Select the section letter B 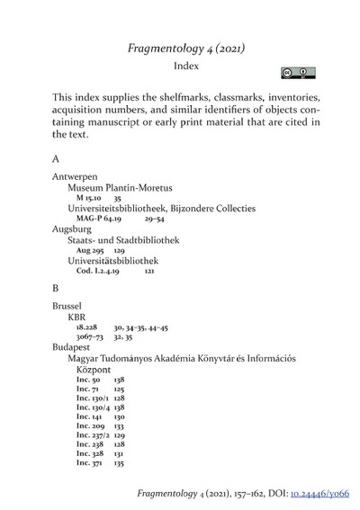pos(57,289)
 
